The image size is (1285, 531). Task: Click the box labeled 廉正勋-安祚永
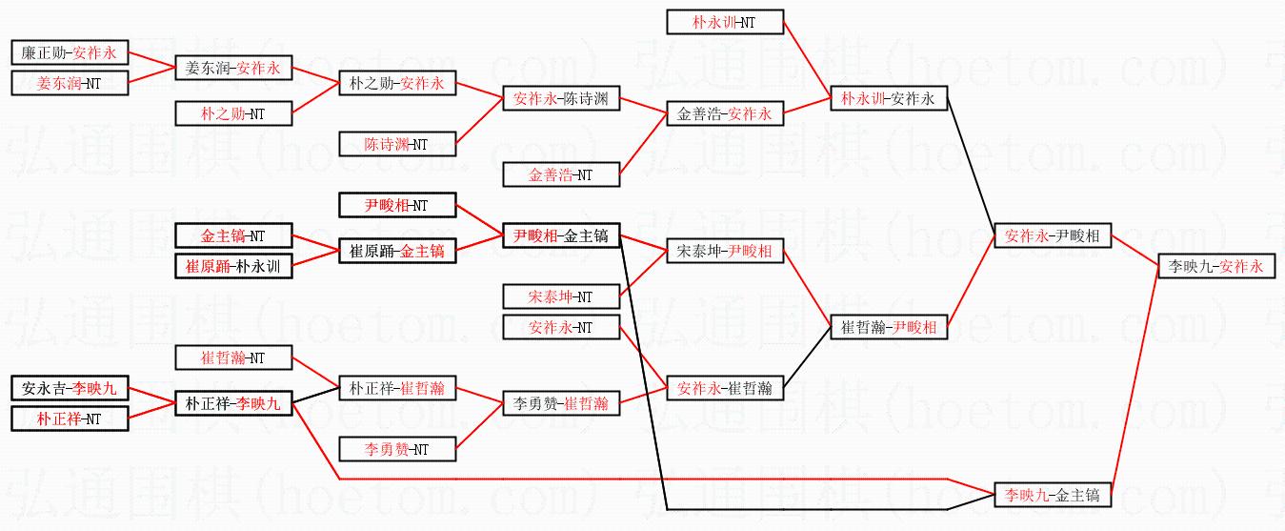pyautogui.click(x=70, y=52)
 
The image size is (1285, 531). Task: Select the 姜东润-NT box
pyautogui.click(x=70, y=83)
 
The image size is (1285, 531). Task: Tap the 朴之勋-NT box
pyautogui.click(x=233, y=113)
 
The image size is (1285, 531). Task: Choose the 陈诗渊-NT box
pyautogui.click(x=397, y=144)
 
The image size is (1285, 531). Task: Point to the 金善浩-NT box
pyautogui.click(x=561, y=174)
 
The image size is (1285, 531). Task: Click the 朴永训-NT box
pyautogui.click(x=725, y=22)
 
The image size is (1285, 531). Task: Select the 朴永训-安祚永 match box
pyautogui.click(x=889, y=98)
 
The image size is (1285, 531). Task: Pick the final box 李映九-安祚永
pyautogui.click(x=1216, y=266)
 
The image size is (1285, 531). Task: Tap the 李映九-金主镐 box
pyautogui.click(x=1053, y=495)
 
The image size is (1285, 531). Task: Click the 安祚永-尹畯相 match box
pyautogui.click(x=1053, y=235)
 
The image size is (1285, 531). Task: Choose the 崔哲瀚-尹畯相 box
pyautogui.click(x=889, y=327)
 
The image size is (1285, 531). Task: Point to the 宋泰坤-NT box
pyautogui.click(x=561, y=296)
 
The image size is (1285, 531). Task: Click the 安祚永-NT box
pyautogui.click(x=561, y=327)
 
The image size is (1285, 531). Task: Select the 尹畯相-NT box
pyautogui.click(x=397, y=205)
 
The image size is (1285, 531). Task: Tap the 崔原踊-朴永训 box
pyautogui.click(x=233, y=266)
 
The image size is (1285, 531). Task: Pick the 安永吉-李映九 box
pyautogui.click(x=70, y=388)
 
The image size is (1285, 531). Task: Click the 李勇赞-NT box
pyautogui.click(x=397, y=449)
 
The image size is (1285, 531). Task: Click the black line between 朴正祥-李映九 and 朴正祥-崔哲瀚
pyautogui.click(x=316, y=396)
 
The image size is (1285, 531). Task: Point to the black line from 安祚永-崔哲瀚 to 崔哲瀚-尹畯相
pyautogui.click(x=807, y=357)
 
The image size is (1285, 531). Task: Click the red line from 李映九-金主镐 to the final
pyautogui.click(x=1135, y=380)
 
